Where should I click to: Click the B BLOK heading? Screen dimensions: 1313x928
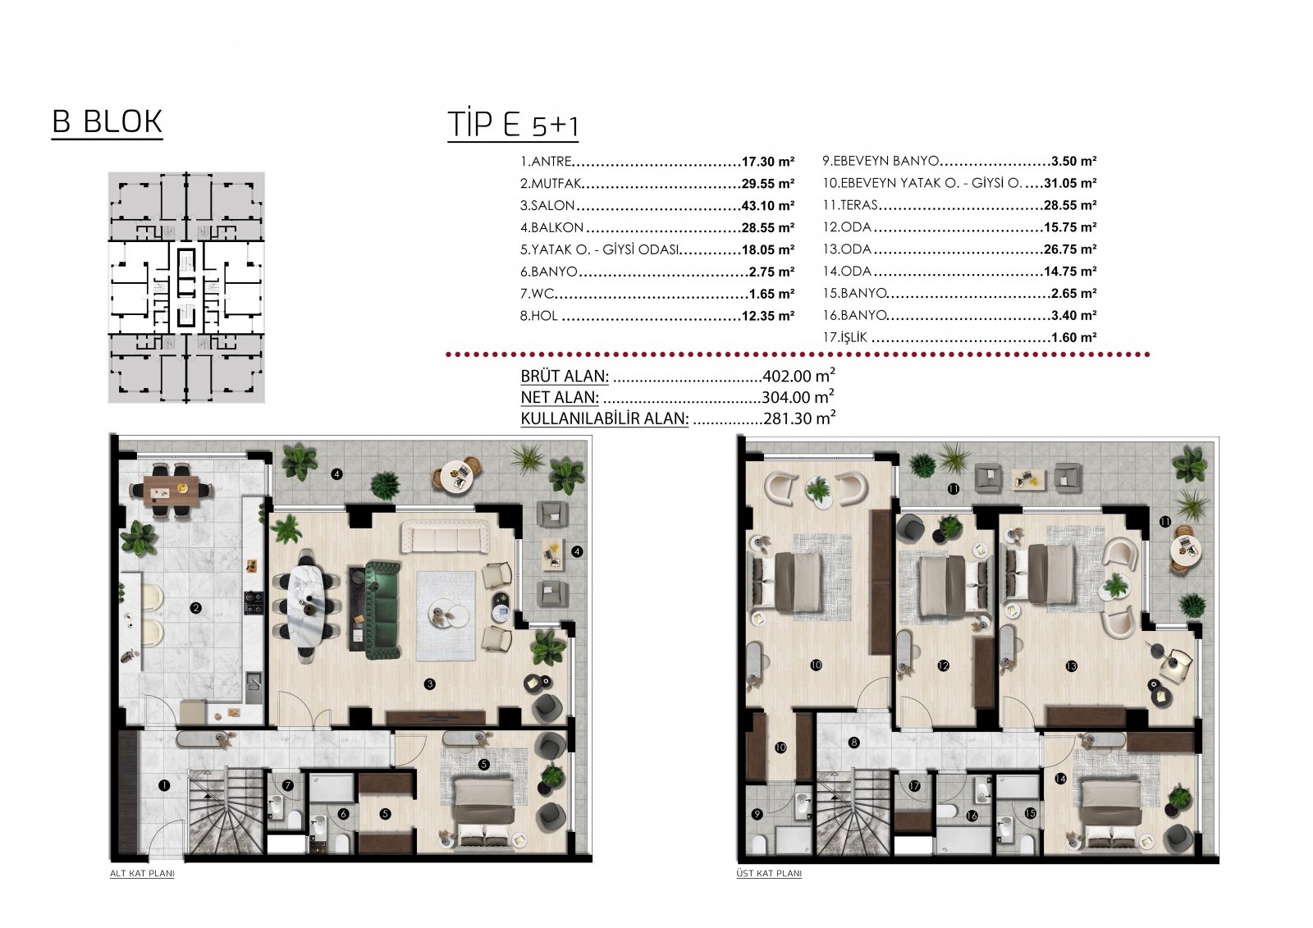click(107, 122)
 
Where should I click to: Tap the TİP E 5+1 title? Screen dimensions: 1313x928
click(513, 125)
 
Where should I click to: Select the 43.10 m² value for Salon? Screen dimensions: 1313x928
click(768, 206)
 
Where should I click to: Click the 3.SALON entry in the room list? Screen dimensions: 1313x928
click(547, 206)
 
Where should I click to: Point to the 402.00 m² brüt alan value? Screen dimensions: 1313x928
click(799, 375)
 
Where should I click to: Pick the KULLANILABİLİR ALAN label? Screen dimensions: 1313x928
click(604, 418)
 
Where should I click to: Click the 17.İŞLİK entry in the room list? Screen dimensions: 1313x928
click(844, 338)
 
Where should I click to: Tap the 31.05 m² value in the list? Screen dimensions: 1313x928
click(1070, 184)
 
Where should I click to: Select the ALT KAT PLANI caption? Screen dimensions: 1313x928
click(143, 874)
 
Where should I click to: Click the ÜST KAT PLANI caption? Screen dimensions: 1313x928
click(769, 874)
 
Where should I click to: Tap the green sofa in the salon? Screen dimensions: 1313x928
click(383, 610)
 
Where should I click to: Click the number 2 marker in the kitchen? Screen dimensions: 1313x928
click(196, 609)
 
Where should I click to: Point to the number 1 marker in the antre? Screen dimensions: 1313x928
click(164, 785)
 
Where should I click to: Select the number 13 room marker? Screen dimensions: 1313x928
click(1072, 666)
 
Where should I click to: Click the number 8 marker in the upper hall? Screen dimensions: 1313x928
click(854, 743)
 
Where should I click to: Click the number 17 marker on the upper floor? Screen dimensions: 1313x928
click(914, 787)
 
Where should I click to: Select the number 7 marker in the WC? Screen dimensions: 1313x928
click(287, 785)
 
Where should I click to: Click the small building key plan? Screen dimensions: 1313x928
click(186, 287)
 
